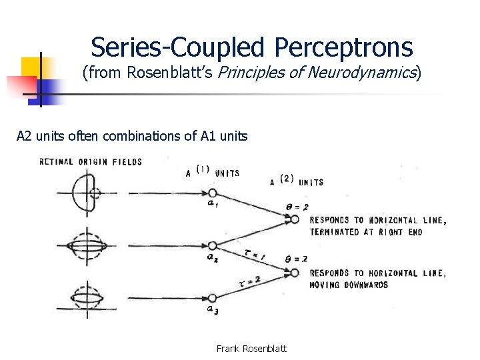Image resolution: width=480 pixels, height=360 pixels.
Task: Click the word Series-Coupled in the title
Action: (178, 47)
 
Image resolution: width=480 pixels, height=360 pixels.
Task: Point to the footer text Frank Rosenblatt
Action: (252, 349)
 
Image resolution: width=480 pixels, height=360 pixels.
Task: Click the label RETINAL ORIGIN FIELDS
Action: (91, 161)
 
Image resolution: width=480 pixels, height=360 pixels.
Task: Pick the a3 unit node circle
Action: (211, 297)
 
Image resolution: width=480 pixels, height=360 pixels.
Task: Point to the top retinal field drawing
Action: (90, 194)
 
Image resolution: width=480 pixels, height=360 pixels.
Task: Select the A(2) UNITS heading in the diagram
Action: (297, 180)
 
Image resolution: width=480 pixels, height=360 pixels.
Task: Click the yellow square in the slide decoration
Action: (31, 67)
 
